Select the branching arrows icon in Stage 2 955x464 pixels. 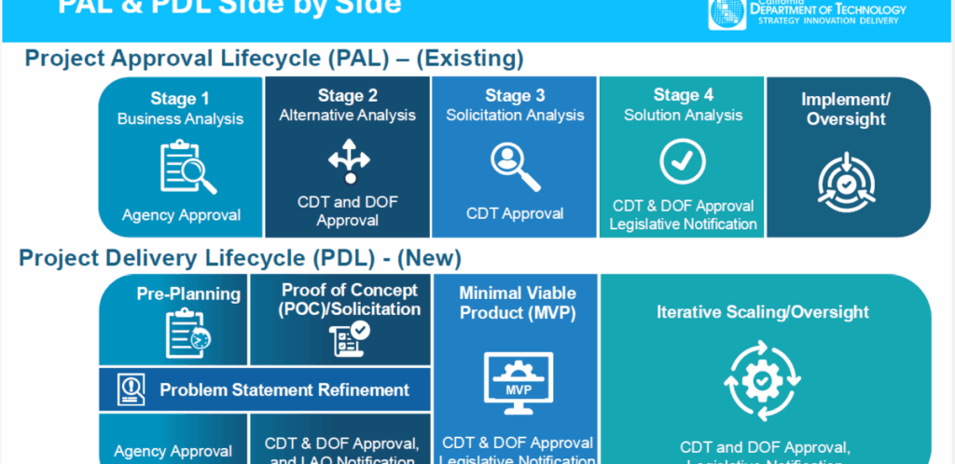349,161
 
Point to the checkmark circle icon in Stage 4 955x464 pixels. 683,161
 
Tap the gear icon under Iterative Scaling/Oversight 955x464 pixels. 763,381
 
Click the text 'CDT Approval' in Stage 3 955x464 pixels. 515,213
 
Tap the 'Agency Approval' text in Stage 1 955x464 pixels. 181,215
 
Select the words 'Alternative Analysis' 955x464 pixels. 347,116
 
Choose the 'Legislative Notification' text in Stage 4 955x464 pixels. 683,224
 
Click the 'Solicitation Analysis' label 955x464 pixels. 515,116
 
